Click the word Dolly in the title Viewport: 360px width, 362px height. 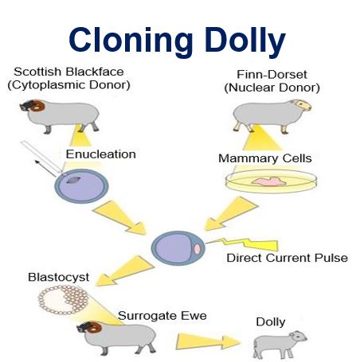[x=245, y=41]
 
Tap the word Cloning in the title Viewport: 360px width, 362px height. [x=131, y=41]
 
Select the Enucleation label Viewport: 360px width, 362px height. [x=101, y=154]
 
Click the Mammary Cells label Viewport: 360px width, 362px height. [x=265, y=158]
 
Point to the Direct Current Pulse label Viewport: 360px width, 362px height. [x=287, y=258]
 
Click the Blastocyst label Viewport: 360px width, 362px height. [x=58, y=278]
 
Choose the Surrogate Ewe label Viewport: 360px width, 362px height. [x=162, y=316]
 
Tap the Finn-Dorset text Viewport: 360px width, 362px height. [x=272, y=75]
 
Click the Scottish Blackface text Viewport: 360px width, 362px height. [x=68, y=72]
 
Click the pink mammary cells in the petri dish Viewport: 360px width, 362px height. [x=268, y=181]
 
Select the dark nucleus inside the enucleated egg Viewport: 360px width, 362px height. [x=72, y=181]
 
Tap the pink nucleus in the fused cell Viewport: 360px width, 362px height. [x=197, y=249]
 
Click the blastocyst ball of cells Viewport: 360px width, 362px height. [x=63, y=300]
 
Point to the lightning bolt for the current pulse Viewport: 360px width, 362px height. [x=242, y=244]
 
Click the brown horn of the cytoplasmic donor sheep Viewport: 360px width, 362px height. [x=37, y=106]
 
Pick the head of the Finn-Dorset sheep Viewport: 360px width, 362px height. [x=302, y=105]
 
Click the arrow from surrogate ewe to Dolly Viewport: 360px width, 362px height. [x=208, y=341]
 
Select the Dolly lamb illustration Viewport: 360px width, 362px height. [x=280, y=344]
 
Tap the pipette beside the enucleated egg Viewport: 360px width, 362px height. [x=41, y=157]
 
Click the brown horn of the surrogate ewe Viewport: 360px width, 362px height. [x=94, y=328]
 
